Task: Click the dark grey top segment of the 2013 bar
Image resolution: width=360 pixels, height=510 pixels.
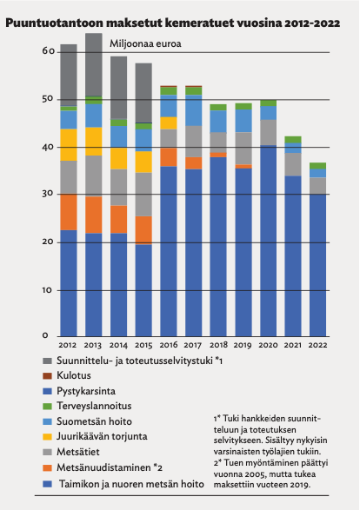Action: coord(94,64)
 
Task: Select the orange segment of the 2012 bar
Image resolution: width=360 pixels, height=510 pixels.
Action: coord(69,212)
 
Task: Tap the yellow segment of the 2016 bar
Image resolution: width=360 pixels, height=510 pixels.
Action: coord(169,123)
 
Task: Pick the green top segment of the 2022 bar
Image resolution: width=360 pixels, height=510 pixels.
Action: coord(317,166)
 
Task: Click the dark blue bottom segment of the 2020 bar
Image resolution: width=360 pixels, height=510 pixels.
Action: coord(268,241)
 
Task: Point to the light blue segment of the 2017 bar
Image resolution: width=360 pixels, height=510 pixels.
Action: coord(194,110)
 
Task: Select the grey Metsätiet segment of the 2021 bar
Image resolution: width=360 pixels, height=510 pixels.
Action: coord(293,164)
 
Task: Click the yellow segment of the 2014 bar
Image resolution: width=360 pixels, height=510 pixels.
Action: coord(119,159)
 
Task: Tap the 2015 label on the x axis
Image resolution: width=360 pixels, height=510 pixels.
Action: coord(143,345)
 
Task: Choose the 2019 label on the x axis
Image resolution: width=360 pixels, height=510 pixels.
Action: coord(243,345)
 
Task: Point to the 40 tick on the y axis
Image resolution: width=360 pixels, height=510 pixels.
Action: coord(48,147)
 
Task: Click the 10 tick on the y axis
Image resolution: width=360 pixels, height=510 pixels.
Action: coord(47,290)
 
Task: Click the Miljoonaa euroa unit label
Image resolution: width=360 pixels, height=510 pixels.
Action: coord(145,43)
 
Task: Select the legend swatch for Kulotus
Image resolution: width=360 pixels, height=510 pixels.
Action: coord(47,376)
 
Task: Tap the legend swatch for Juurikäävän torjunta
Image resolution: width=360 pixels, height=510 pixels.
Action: coord(47,437)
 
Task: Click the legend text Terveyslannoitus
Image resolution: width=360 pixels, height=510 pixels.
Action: coord(94,406)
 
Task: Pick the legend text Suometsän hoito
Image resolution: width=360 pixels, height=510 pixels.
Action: coord(94,421)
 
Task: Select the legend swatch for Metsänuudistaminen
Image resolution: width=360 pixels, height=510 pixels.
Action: coord(47,468)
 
